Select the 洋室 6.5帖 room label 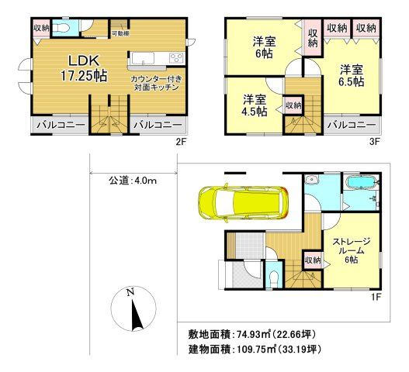pyautogui.click(x=353, y=76)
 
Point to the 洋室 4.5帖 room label pyautogui.click(x=254, y=105)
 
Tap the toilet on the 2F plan pyautogui.click(x=65, y=27)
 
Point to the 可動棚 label pyautogui.click(x=120, y=34)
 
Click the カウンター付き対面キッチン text pyautogui.click(x=157, y=83)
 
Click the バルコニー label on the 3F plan pyautogui.click(x=352, y=124)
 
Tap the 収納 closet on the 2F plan pyautogui.click(x=41, y=27)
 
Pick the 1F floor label pyautogui.click(x=376, y=297)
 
